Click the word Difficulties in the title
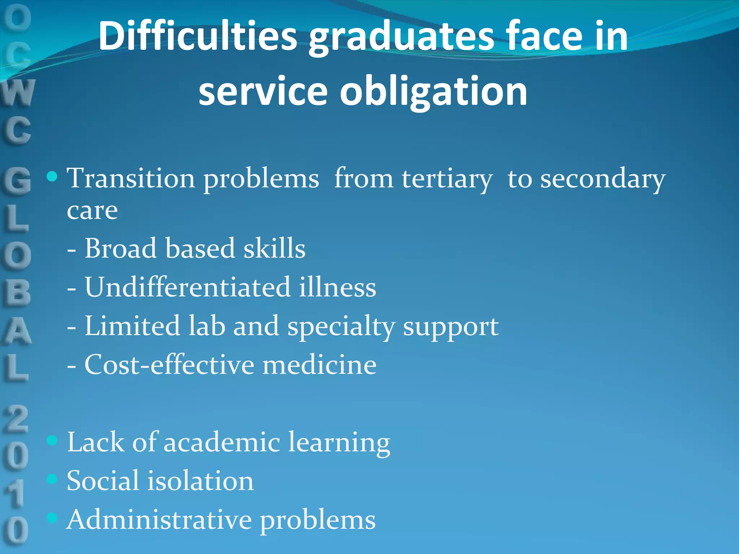[x=198, y=36]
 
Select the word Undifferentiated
[x=188, y=287]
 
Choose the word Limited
[x=132, y=326]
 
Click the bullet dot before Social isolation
[x=52, y=479]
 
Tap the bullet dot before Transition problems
[x=52, y=176]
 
